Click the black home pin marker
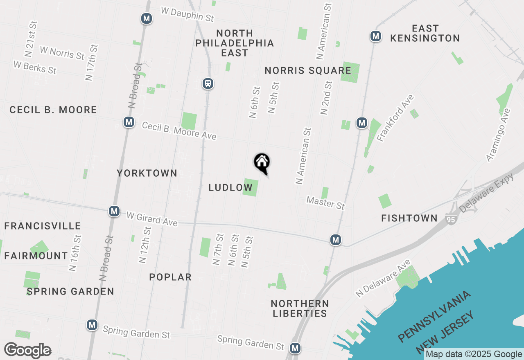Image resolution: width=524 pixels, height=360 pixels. click(x=262, y=163)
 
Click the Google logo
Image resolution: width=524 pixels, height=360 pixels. click(x=27, y=351)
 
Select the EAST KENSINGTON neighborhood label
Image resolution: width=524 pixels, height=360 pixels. click(x=425, y=33)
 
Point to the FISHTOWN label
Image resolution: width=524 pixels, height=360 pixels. click(x=409, y=218)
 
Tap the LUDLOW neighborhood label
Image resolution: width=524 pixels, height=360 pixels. click(x=230, y=187)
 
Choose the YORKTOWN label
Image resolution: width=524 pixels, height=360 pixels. click(x=147, y=173)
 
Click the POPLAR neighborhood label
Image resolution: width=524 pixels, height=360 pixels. click(x=170, y=277)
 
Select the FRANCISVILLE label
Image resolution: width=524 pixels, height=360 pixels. click(x=43, y=226)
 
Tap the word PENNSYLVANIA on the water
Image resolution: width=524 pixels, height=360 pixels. click(x=435, y=316)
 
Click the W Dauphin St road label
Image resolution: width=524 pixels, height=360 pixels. click(x=187, y=14)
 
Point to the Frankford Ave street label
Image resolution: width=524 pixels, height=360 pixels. click(x=395, y=118)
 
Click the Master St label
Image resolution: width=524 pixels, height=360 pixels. click(x=326, y=202)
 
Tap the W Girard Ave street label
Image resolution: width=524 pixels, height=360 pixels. click(x=152, y=218)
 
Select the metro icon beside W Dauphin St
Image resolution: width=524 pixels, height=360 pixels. click(x=147, y=18)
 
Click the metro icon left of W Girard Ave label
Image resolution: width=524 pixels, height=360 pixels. click(x=114, y=211)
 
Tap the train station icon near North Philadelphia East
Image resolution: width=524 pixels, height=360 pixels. click(x=208, y=84)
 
